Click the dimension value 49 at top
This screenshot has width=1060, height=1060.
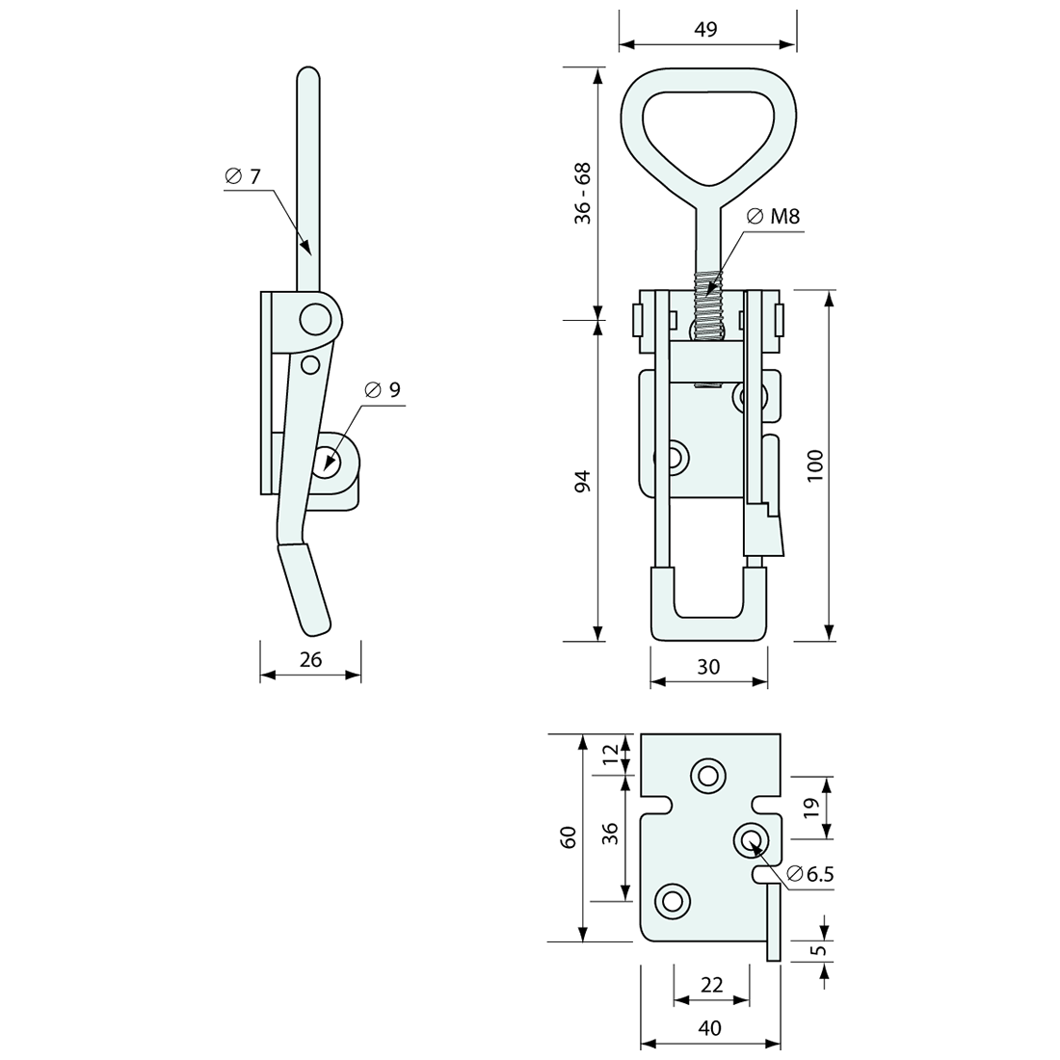705,29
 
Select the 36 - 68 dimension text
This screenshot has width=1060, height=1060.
583,194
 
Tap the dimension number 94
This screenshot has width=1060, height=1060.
582,482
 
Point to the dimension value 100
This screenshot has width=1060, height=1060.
815,465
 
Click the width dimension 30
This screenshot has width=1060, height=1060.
708,667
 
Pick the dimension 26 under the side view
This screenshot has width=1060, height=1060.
310,659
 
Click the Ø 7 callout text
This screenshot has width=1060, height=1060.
242,176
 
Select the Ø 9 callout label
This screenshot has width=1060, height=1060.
383,389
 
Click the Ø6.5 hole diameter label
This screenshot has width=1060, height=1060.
809,874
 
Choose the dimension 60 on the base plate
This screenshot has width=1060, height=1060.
569,836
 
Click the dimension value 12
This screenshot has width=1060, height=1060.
609,755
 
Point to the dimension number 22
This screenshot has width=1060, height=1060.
711,984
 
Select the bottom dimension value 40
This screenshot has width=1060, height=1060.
709,1028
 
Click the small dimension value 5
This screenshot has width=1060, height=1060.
819,950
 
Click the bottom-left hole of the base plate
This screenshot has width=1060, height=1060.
673,901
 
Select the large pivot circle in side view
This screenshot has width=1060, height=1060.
313,318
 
